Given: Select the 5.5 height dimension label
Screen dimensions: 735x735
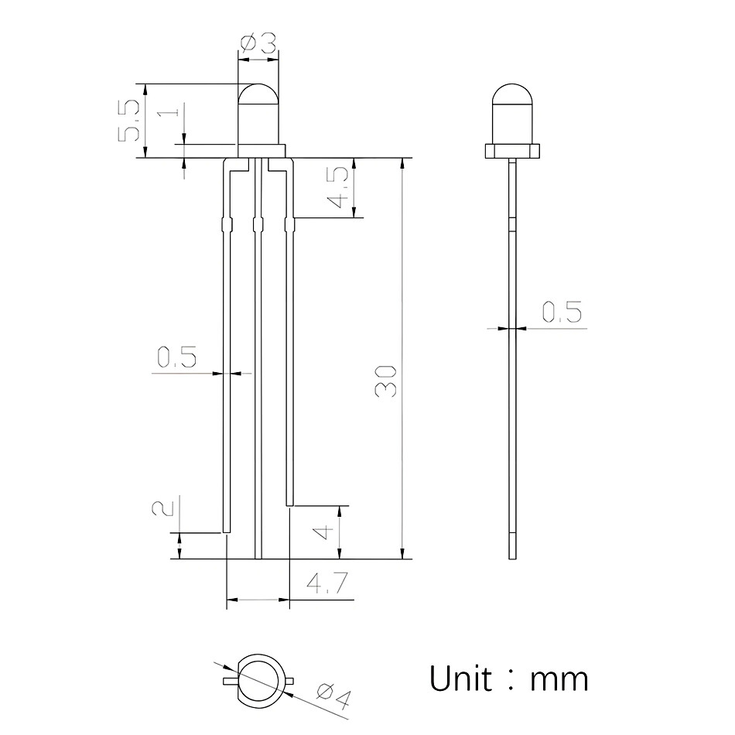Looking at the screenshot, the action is pos(128,121).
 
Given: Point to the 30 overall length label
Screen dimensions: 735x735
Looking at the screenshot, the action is pos(386,381).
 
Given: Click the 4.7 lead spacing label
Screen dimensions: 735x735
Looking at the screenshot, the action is pos(328,583).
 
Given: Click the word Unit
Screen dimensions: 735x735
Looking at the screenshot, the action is pos(461,679).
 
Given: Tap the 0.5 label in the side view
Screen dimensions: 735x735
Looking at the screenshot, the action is pos(562,312).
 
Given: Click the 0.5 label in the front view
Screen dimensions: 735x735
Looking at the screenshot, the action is pos(176,357).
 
